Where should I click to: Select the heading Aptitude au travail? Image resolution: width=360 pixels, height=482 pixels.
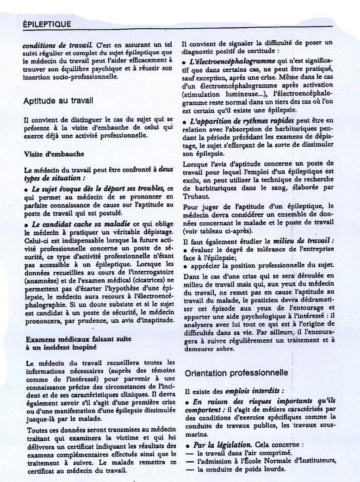click(58, 100)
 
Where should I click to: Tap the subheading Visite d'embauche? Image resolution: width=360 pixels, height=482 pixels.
click(54, 154)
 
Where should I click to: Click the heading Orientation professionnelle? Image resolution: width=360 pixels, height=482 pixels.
click(236, 373)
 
